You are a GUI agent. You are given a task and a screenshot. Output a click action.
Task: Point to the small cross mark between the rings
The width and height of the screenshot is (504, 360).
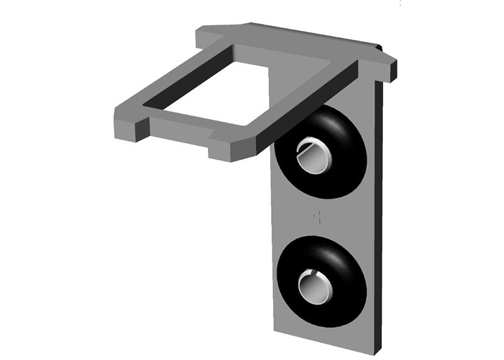tap(320, 218)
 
